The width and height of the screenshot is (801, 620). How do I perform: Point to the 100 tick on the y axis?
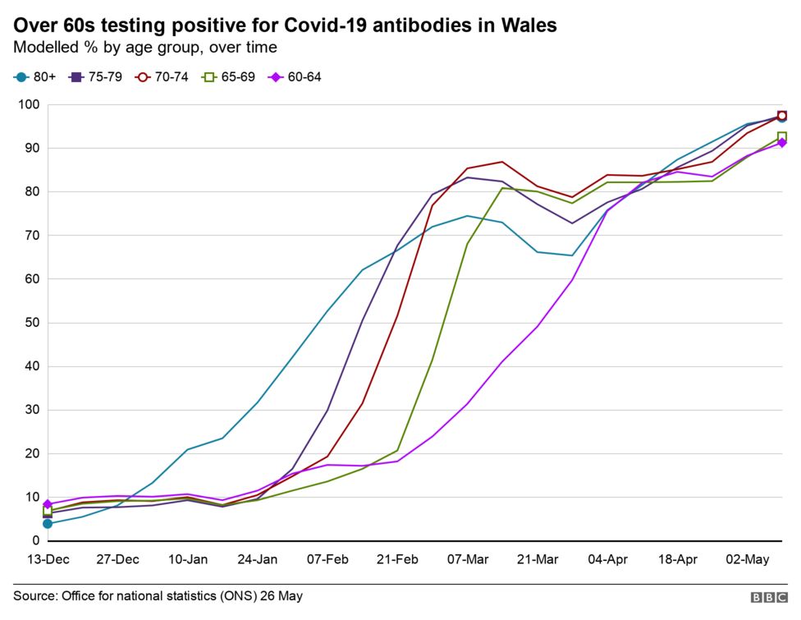pyautogui.click(x=29, y=105)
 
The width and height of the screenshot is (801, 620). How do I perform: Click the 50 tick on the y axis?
pyautogui.click(x=32, y=323)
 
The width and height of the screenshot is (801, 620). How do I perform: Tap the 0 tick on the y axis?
pyautogui.click(x=35, y=540)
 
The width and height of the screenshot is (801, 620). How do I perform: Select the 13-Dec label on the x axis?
pyautogui.click(x=48, y=560)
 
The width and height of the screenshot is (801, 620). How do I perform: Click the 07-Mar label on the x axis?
pyautogui.click(x=467, y=560)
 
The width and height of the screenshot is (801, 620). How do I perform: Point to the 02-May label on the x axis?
pyautogui.click(x=746, y=560)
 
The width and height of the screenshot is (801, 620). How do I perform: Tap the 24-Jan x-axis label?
pyautogui.click(x=257, y=560)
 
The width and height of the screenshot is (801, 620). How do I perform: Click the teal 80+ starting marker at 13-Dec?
pyautogui.click(x=48, y=523)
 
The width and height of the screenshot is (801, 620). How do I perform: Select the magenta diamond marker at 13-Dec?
pyautogui.click(x=48, y=504)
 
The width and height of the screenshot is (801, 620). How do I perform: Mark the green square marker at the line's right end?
pyautogui.click(x=782, y=137)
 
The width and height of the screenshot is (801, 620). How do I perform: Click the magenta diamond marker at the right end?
pyautogui.click(x=782, y=144)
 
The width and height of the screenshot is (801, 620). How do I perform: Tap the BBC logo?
pyautogui.click(x=767, y=597)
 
